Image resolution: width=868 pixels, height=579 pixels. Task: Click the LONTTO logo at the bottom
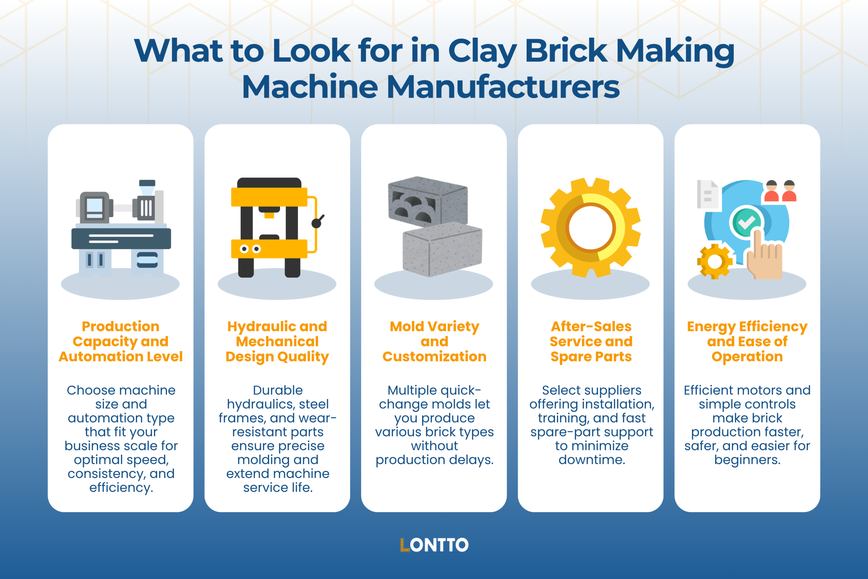coord(434,545)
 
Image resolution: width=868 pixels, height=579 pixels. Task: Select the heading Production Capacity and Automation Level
coord(121,342)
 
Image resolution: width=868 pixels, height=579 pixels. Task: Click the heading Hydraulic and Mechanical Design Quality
coord(277,342)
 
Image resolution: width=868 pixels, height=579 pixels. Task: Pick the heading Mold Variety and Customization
coord(434,342)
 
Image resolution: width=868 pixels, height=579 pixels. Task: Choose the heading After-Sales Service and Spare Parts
coord(591,342)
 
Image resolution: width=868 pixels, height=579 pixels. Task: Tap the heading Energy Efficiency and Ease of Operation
coord(747,342)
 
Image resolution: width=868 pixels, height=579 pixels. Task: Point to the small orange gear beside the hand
coord(714,262)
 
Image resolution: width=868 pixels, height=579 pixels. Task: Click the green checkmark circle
coord(746,222)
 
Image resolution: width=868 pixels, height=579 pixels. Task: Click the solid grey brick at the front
coord(442,249)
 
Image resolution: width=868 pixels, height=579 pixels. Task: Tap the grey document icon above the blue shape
coord(707,194)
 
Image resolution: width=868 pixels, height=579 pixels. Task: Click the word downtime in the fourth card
coord(592,460)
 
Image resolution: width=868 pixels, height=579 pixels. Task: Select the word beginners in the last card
coord(747,460)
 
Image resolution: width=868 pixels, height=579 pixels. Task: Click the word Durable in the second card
coord(278,390)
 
